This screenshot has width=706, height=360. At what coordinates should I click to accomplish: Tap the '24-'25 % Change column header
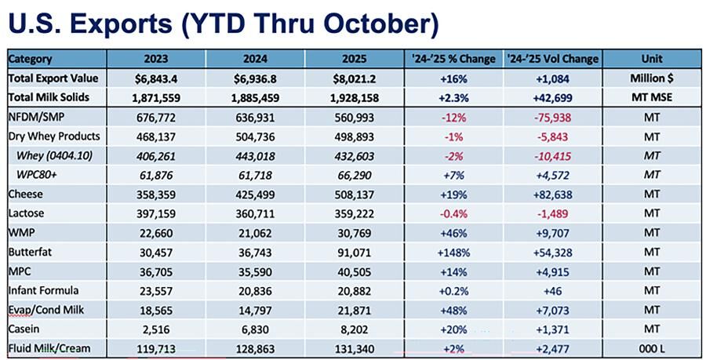tap(455, 59)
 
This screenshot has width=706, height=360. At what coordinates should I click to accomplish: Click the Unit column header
tap(652, 59)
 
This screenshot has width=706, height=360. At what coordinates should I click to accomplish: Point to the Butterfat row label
tap(31, 251)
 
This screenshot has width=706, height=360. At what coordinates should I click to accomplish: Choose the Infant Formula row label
tap(45, 289)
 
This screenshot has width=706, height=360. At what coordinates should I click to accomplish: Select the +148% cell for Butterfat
tap(455, 251)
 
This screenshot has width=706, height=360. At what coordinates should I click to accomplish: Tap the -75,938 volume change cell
tap(554, 117)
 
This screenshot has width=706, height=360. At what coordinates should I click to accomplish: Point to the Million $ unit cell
tap(652, 78)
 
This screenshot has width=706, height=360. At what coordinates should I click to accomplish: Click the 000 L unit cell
tap(652, 347)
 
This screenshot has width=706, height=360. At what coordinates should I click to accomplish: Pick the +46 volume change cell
tap(554, 289)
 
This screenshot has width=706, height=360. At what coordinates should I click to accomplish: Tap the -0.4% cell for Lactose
tap(455, 213)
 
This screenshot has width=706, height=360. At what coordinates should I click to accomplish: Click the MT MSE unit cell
tap(652, 98)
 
